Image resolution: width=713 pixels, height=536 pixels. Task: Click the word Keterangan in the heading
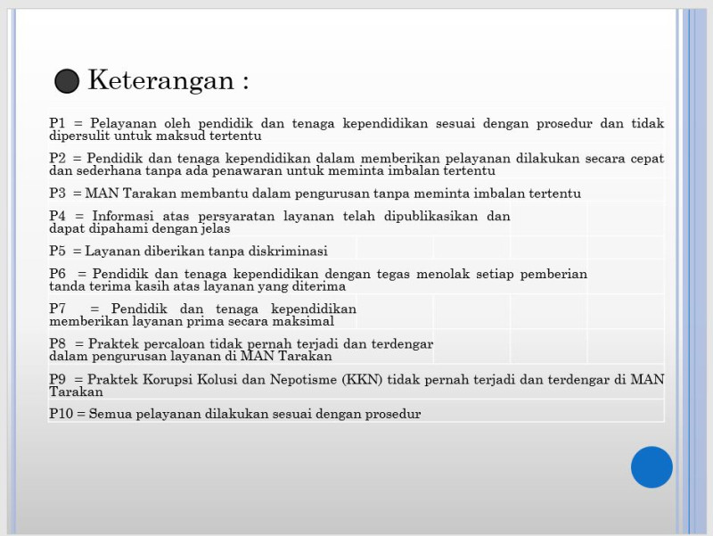coord(160,80)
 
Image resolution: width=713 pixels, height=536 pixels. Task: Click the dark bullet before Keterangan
coord(67,81)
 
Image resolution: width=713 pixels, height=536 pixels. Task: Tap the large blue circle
coord(652,467)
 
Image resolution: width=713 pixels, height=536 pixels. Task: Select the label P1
coord(58,123)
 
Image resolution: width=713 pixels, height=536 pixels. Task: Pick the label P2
coord(58,158)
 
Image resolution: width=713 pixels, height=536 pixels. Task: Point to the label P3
coord(58,193)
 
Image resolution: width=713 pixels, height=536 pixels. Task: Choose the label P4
coord(58,216)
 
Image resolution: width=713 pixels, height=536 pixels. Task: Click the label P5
coord(58,251)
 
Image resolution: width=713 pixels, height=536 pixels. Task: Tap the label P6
coord(58,274)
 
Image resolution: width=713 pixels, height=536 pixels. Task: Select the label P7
coord(58,309)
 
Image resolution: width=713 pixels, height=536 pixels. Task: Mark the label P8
coord(58,343)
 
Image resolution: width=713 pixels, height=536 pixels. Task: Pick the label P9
coord(58,379)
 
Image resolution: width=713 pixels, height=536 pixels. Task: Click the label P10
coord(61,414)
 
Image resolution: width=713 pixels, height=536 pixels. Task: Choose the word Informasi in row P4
coord(127,216)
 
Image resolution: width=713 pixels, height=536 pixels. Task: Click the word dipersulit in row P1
coord(81,136)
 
